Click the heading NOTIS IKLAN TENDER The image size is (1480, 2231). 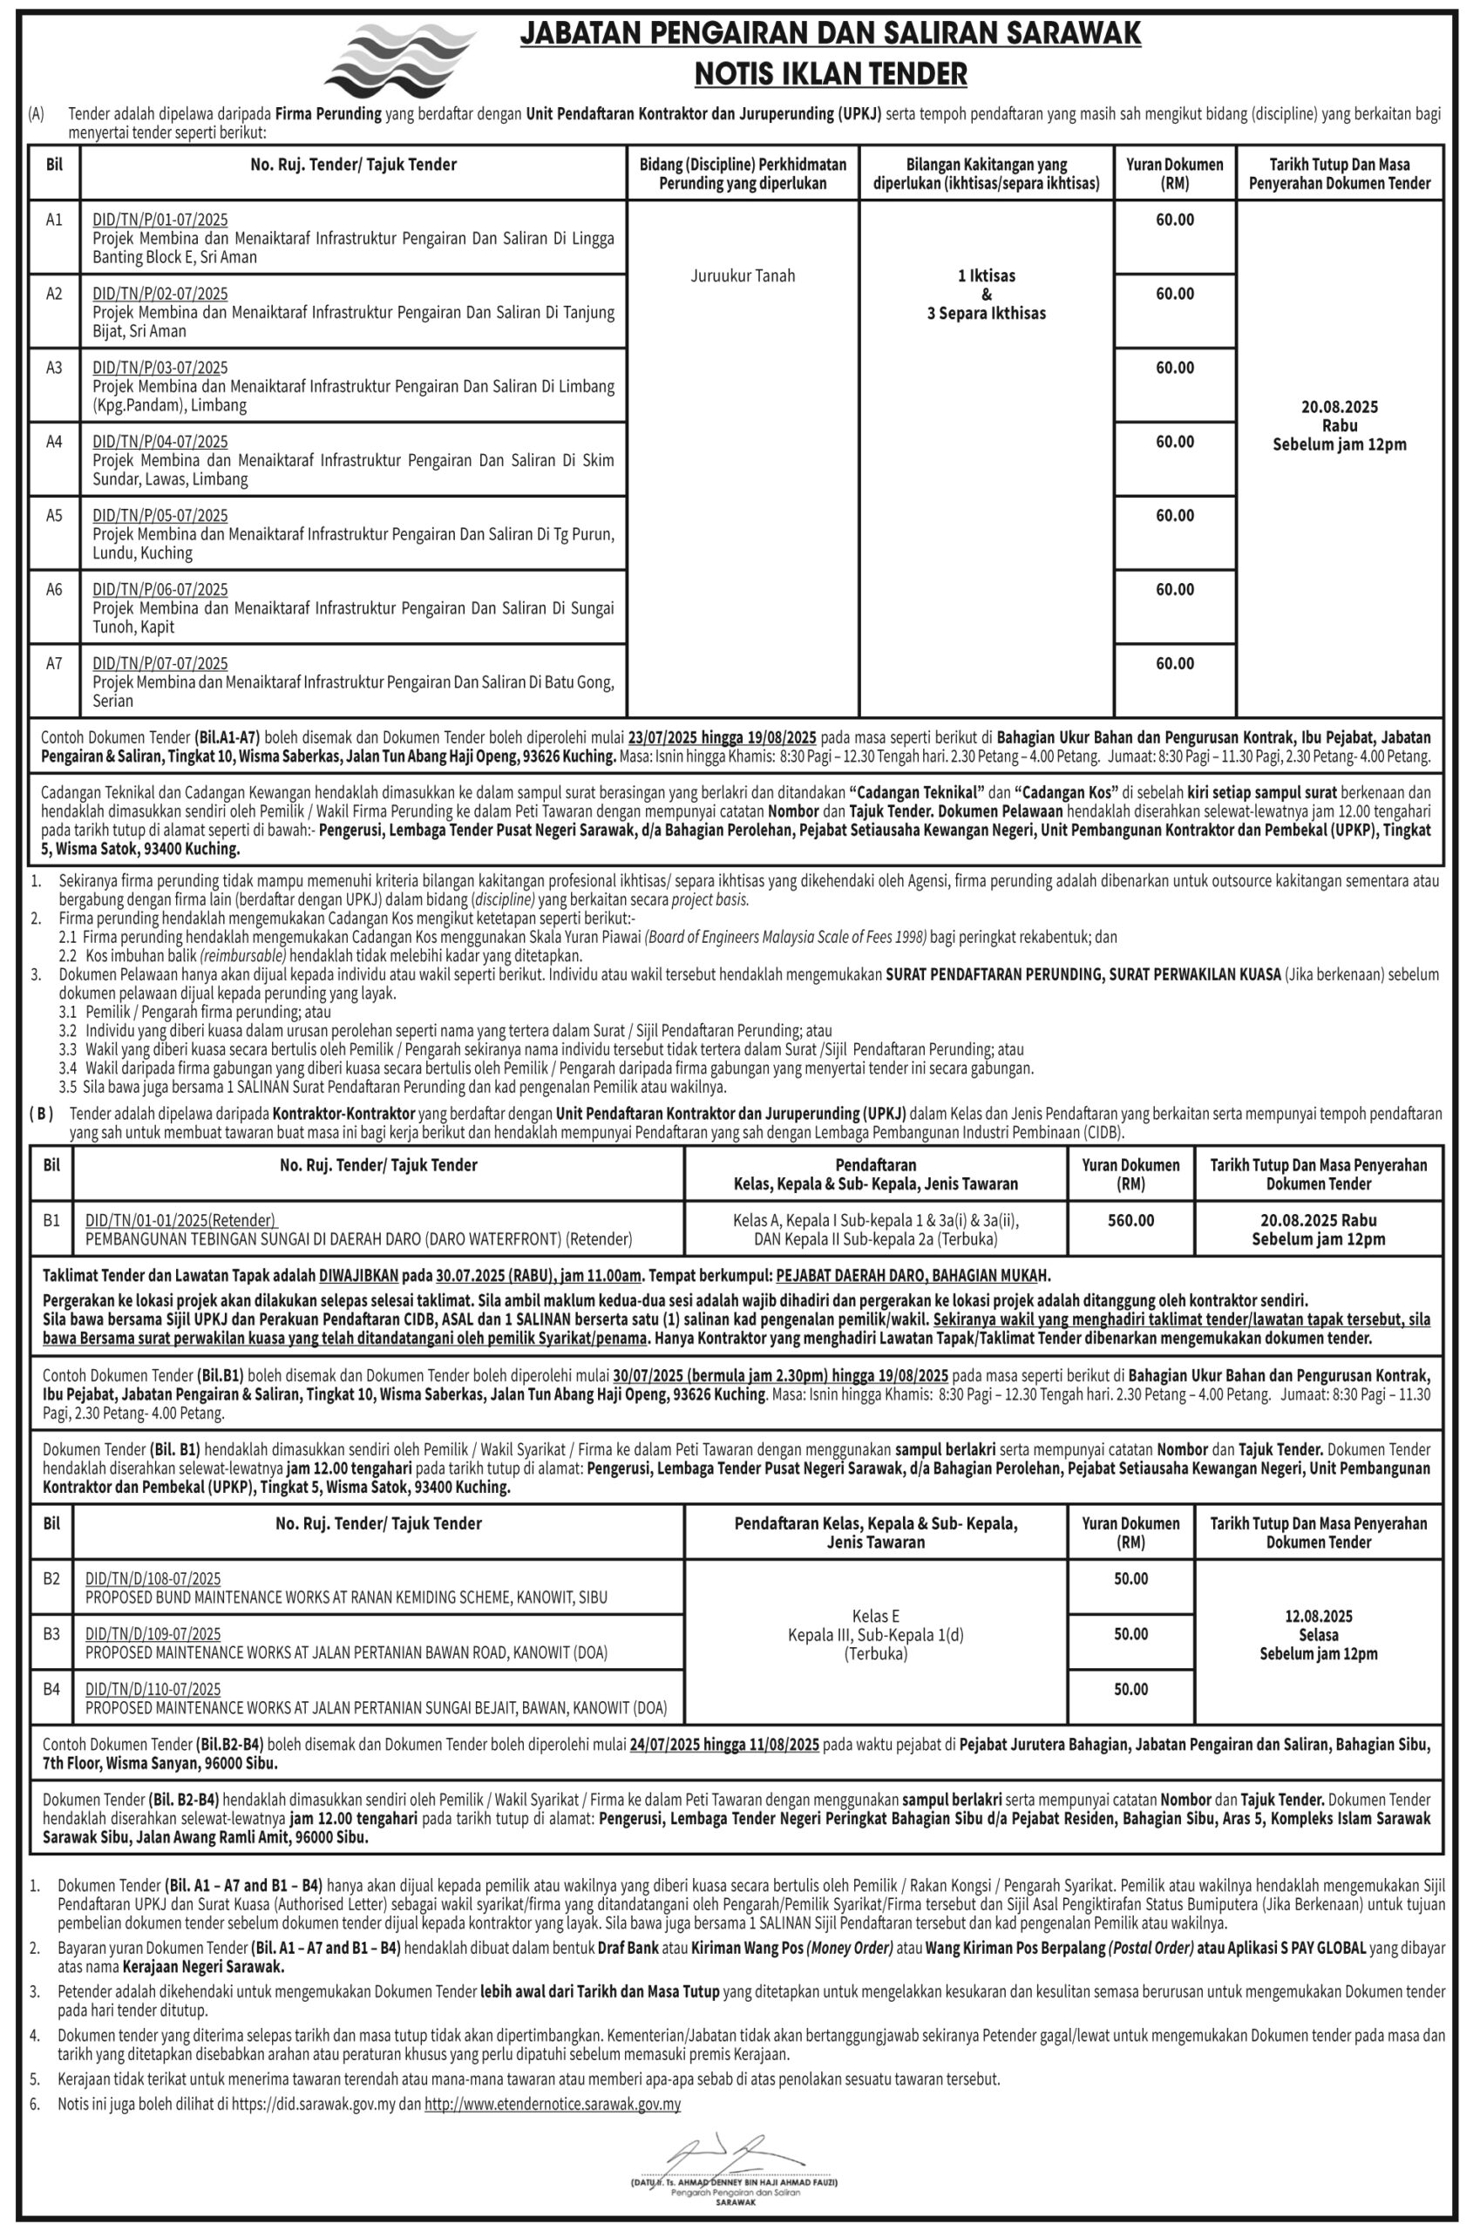[831, 72]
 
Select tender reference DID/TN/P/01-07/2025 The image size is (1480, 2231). [160, 220]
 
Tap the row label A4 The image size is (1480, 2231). [54, 441]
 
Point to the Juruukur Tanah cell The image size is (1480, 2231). [743, 275]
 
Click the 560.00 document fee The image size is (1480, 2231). [1130, 1220]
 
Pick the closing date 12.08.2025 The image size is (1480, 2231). [1319, 1616]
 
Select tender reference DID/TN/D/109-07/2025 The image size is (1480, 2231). [153, 1634]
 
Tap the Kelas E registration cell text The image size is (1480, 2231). [876, 1616]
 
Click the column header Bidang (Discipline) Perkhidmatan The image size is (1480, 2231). [743, 164]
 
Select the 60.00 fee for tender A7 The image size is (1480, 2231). [1174, 663]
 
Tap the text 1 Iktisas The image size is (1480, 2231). [987, 275]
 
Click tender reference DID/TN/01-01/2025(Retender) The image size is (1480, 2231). [181, 1220]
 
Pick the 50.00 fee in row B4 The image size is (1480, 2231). [1130, 1689]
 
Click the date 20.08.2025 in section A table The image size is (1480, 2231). [1340, 407]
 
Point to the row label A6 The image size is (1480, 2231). [54, 589]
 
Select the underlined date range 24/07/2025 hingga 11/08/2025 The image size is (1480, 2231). [724, 1745]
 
